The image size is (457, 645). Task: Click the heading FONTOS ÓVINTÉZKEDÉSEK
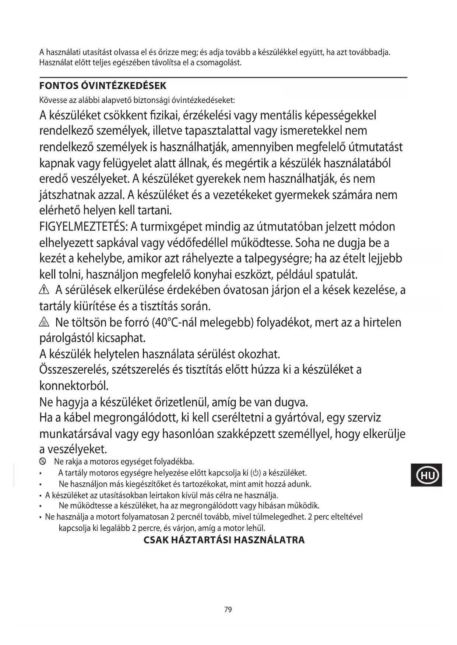coord(103,86)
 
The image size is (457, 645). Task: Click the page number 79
coord(228,610)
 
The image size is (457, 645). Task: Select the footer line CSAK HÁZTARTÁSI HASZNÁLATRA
coord(224,540)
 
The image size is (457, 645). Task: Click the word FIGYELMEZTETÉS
coord(83,227)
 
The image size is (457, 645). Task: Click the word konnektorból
coord(74,386)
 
